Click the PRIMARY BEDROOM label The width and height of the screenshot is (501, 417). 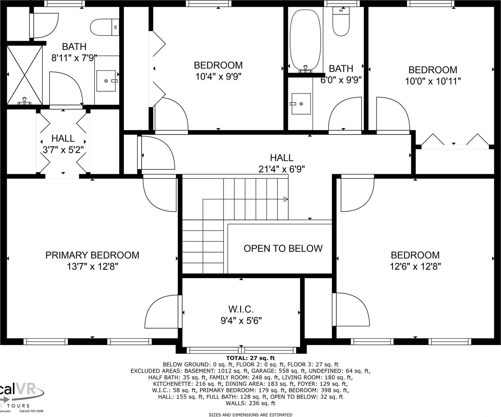coord(92,255)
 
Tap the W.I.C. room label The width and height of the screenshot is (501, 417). coord(241,309)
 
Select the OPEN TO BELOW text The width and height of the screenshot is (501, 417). coord(283,249)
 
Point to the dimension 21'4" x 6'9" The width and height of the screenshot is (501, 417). coord(281,169)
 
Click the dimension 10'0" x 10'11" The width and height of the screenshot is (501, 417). coord(432,81)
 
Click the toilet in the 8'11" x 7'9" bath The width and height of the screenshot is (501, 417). coord(104,27)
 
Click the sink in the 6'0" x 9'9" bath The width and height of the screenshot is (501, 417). coord(301,104)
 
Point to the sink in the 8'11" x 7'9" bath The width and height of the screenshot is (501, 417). coord(106,81)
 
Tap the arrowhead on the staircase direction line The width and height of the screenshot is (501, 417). coord(286,199)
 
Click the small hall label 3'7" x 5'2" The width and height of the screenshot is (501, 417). coord(63,150)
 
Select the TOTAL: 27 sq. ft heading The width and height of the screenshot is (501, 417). coord(250,358)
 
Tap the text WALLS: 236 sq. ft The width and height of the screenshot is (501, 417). coord(250,403)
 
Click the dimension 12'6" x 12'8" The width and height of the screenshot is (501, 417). coord(415,267)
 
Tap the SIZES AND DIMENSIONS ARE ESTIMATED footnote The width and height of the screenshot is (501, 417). coord(250,415)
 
